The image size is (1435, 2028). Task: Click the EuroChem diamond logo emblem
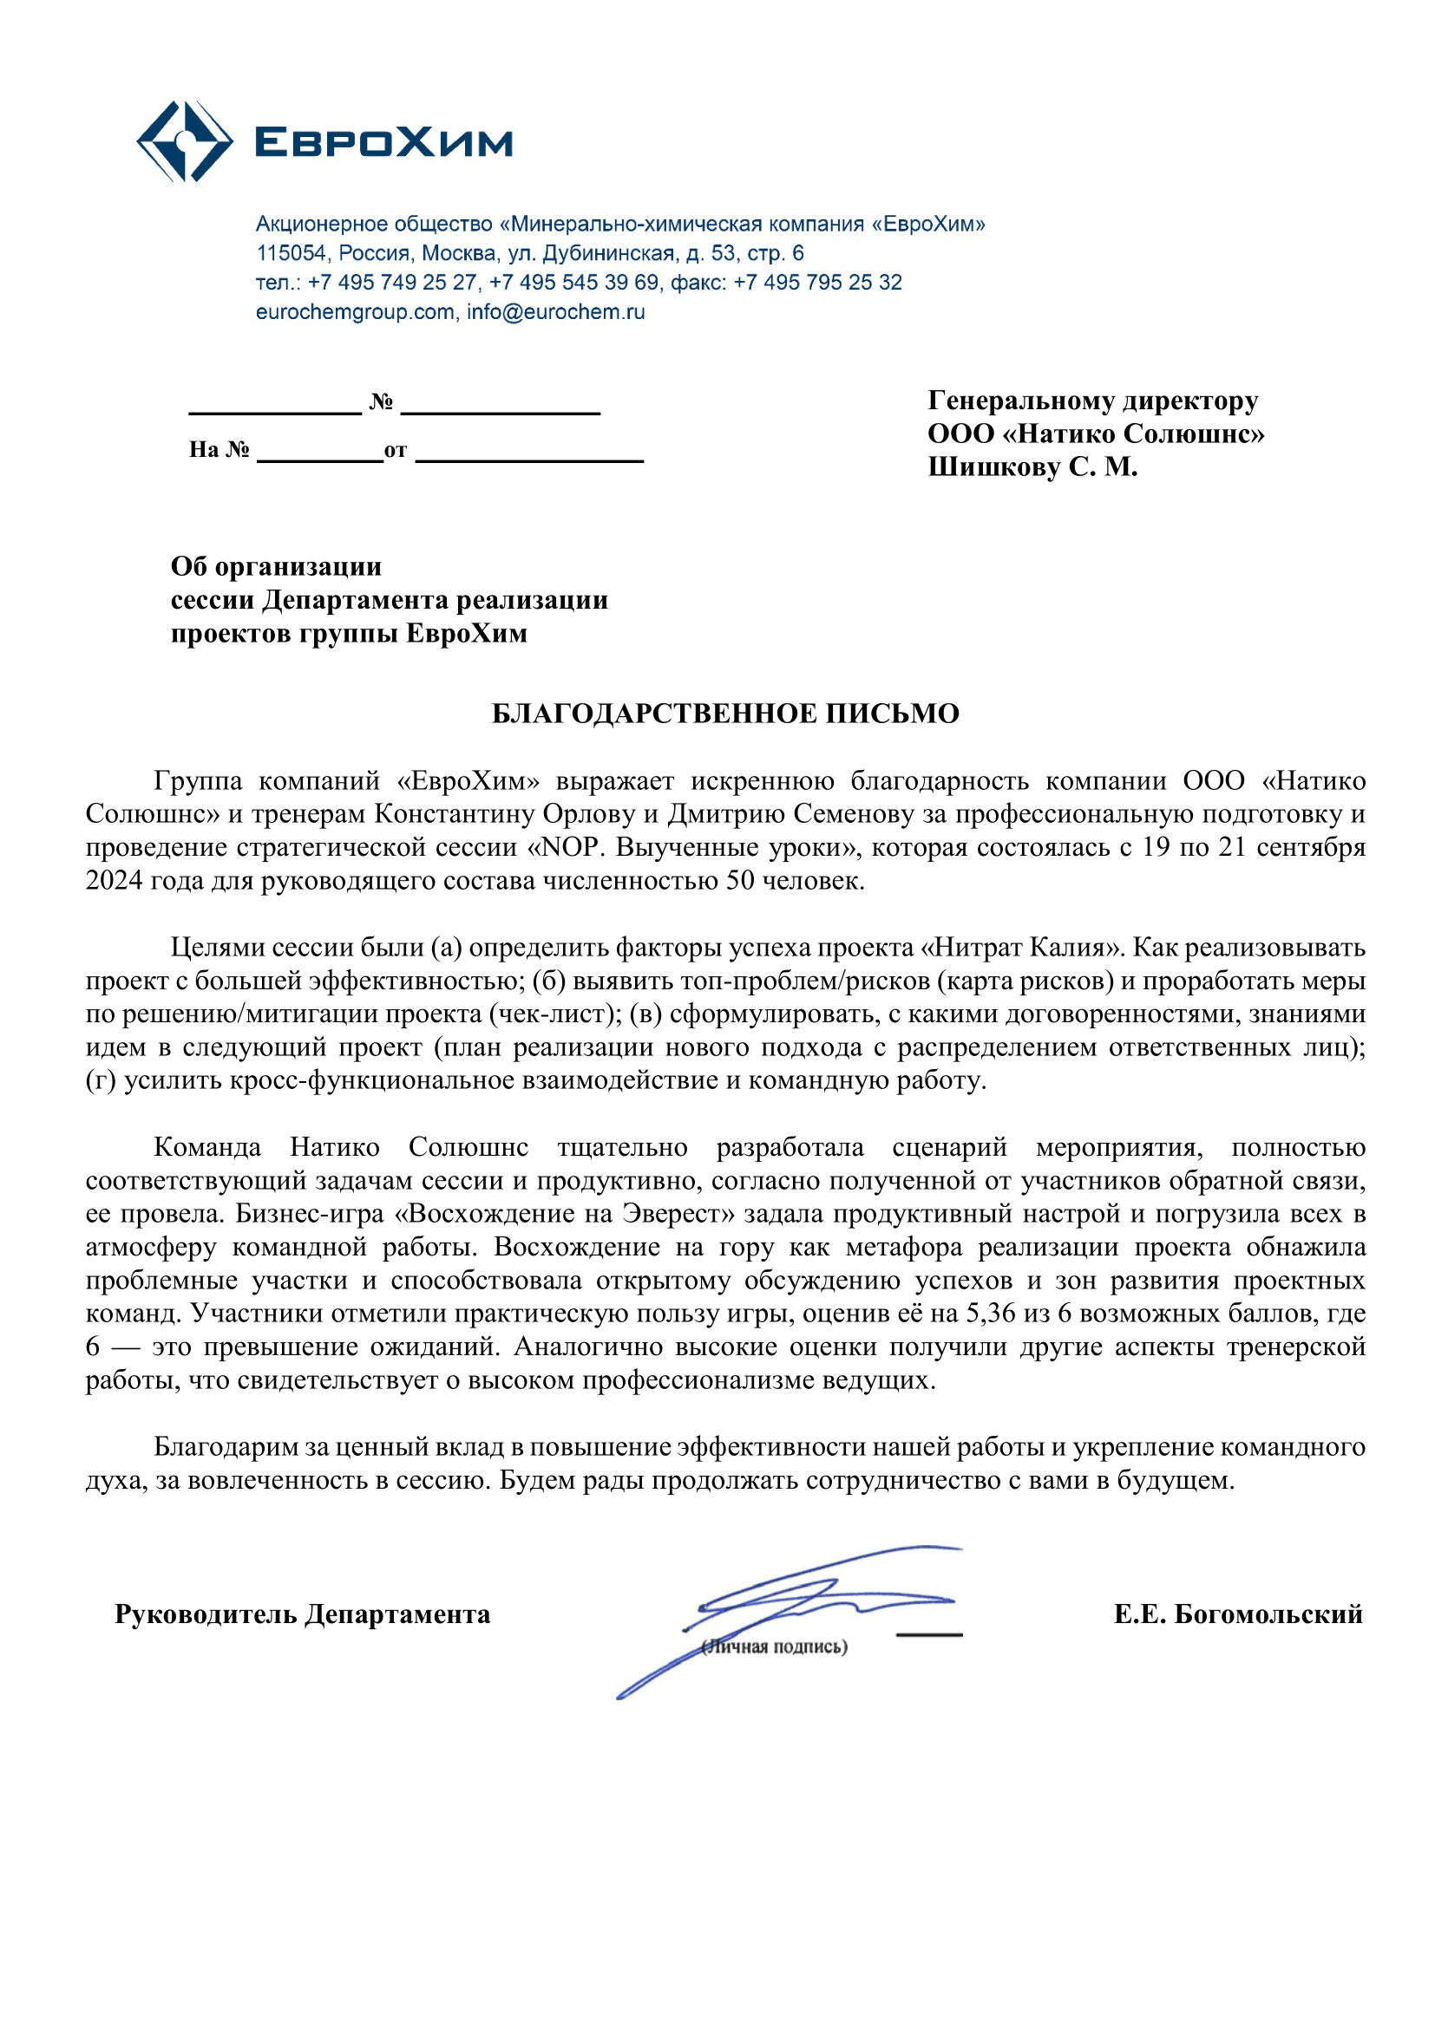click(185, 141)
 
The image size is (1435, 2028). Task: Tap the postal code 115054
click(291, 253)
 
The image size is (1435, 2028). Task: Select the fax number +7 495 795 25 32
click(817, 283)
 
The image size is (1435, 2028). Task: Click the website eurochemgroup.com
click(354, 312)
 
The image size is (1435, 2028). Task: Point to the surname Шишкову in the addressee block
click(993, 467)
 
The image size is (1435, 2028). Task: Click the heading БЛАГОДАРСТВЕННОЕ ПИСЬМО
click(724, 714)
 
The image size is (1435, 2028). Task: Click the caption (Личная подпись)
click(775, 1647)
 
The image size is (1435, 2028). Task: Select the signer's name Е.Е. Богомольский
click(1238, 1614)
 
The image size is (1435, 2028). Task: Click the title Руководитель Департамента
click(302, 1614)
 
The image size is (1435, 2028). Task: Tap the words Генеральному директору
click(1092, 401)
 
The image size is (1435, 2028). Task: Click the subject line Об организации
click(276, 566)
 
